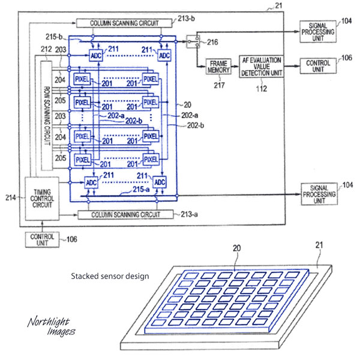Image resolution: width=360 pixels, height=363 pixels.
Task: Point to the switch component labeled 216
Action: tap(191, 43)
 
